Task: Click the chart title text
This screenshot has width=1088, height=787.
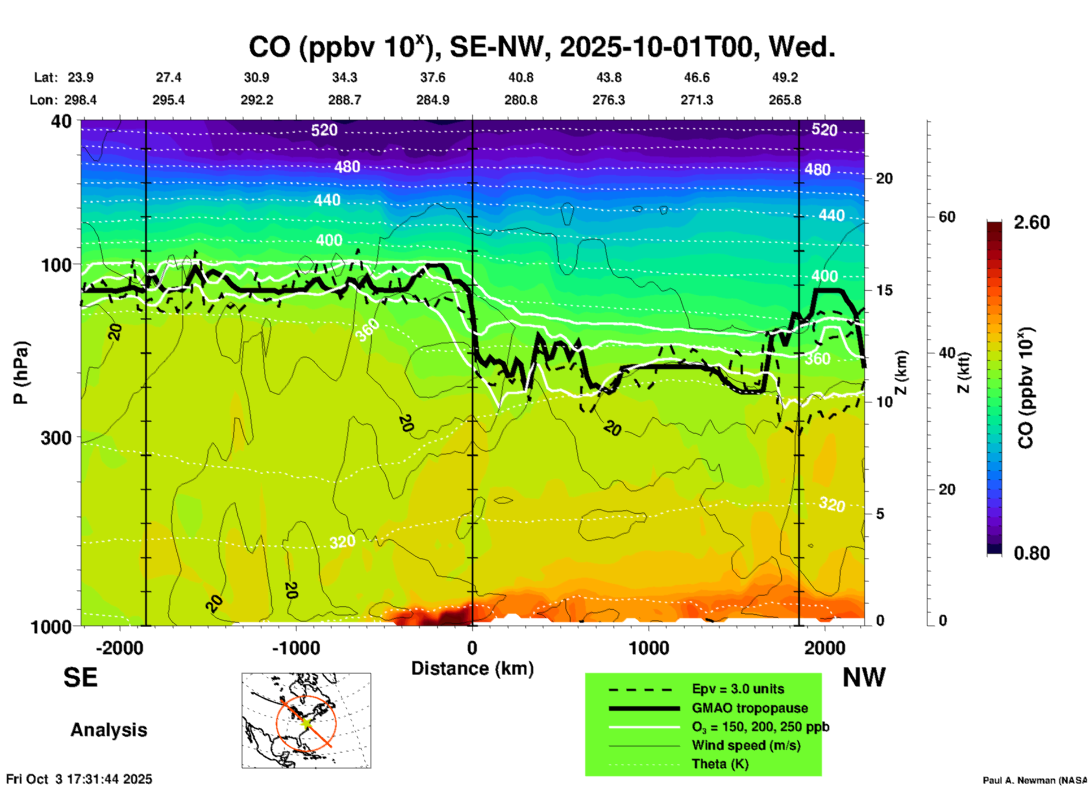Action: (x=541, y=47)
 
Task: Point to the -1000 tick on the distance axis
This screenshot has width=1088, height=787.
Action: (x=295, y=648)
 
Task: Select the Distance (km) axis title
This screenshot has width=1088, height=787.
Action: (x=472, y=668)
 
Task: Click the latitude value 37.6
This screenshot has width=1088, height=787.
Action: (x=432, y=77)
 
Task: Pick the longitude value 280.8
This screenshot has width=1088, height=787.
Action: (x=520, y=100)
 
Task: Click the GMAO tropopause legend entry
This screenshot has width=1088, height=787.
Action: (x=750, y=708)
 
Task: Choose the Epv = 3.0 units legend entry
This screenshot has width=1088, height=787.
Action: (x=738, y=689)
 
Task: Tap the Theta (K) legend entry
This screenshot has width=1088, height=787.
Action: (x=720, y=764)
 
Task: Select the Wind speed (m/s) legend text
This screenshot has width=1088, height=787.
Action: (x=746, y=745)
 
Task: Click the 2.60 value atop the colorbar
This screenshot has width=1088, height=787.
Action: (x=1032, y=222)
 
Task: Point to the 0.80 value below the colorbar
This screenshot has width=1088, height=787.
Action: (x=1032, y=553)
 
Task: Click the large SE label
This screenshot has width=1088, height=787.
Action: (x=80, y=677)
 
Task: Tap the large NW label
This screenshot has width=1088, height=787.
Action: (x=864, y=677)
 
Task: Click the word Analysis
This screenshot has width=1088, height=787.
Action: (x=108, y=730)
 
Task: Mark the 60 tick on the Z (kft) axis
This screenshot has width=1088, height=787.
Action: (x=947, y=217)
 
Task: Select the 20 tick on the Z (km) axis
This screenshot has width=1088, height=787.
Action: (x=884, y=178)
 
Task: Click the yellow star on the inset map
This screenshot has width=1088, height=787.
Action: (x=306, y=722)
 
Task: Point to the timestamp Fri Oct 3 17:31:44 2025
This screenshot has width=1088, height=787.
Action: (x=79, y=779)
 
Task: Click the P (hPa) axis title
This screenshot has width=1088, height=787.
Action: (x=21, y=373)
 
